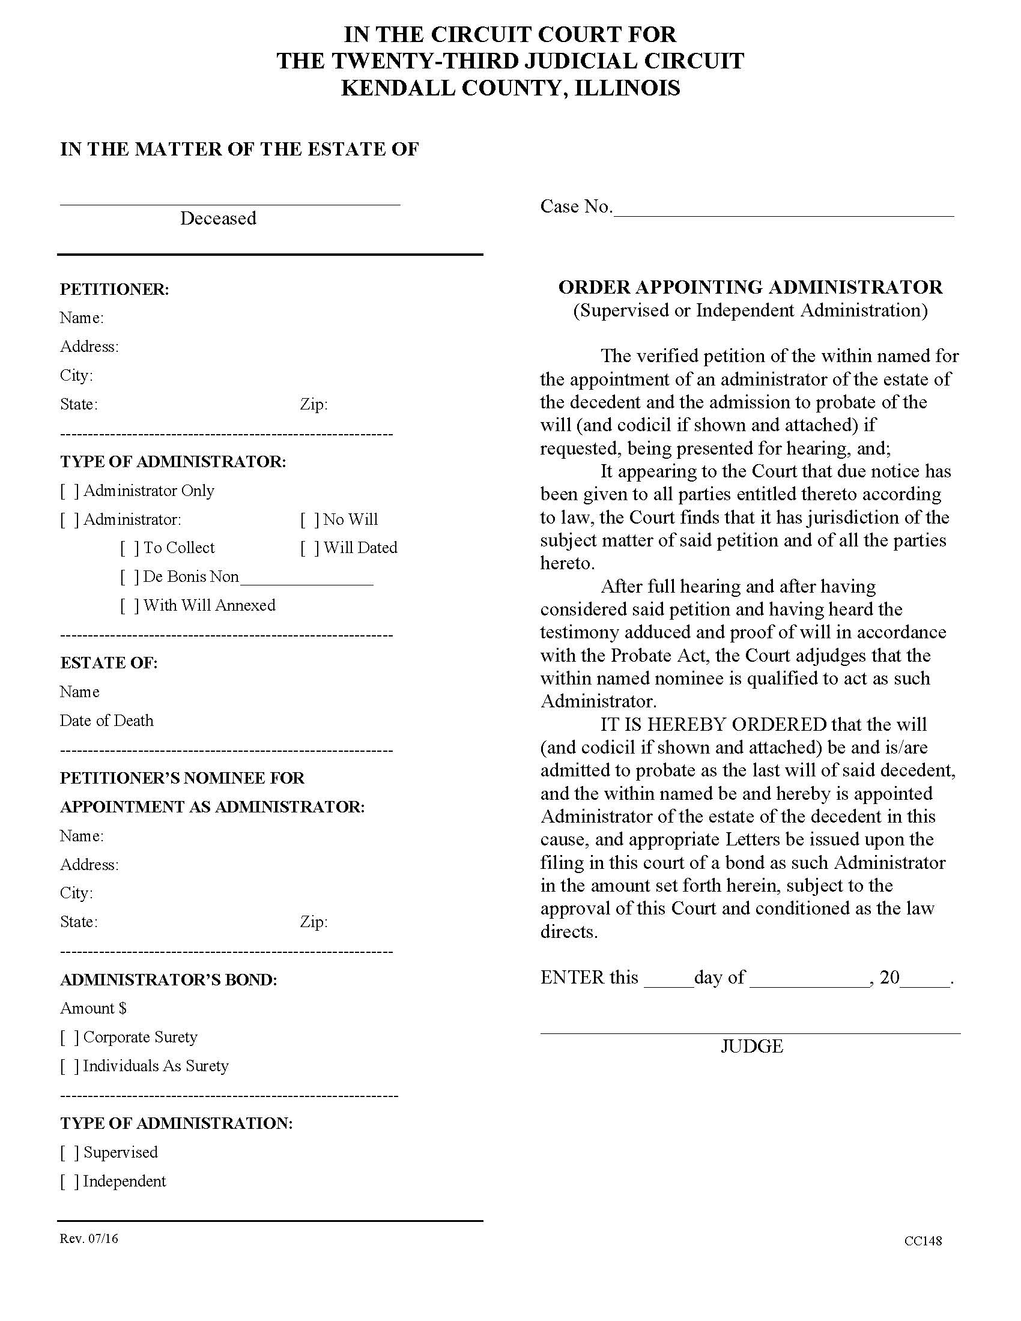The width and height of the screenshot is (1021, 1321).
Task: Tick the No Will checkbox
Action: (309, 519)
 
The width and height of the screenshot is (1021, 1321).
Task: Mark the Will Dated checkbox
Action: (309, 548)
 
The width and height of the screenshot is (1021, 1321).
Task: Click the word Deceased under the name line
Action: (218, 219)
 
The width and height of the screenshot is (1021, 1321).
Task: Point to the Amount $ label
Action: (93, 1008)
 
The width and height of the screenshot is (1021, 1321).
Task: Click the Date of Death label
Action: (106, 721)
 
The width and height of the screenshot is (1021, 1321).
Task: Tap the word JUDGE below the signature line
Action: (751, 1047)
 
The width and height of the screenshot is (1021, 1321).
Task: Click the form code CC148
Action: (923, 1241)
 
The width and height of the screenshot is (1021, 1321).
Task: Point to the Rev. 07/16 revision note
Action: (89, 1239)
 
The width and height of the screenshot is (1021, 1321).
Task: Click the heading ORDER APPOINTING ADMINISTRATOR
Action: (750, 286)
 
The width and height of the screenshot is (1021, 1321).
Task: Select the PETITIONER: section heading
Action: (114, 289)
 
